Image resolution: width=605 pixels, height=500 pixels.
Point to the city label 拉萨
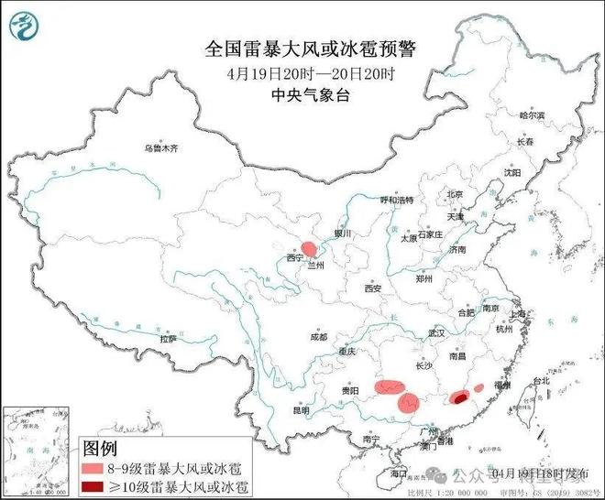pyautogui.click(x=168, y=338)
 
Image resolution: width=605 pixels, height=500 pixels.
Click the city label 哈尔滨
pyautogui.click(x=531, y=115)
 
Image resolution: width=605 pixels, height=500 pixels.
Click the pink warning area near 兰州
pyautogui.click(x=310, y=248)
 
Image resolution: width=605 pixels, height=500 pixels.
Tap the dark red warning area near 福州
pyautogui.click(x=459, y=397)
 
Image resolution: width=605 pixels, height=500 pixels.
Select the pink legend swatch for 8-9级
pyautogui.click(x=93, y=467)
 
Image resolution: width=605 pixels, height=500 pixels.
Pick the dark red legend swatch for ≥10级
pyautogui.click(x=93, y=484)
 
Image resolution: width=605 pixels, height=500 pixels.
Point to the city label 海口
pyautogui.click(x=396, y=473)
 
